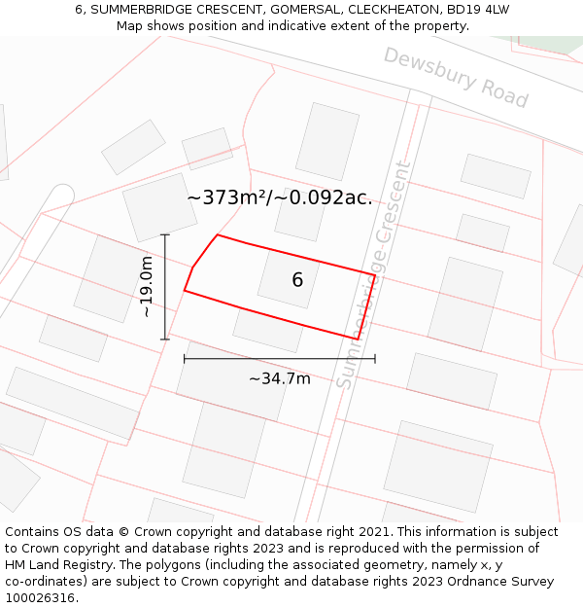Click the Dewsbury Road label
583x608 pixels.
point(456,77)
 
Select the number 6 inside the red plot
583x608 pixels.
point(297,280)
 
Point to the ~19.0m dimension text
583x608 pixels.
point(147,287)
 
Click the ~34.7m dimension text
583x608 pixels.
point(280,378)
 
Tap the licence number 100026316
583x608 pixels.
point(40,598)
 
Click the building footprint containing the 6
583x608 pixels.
point(289,279)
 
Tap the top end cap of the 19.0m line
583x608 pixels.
point(165,234)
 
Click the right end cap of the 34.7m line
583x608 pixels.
point(375,359)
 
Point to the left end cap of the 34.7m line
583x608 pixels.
point(184,359)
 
